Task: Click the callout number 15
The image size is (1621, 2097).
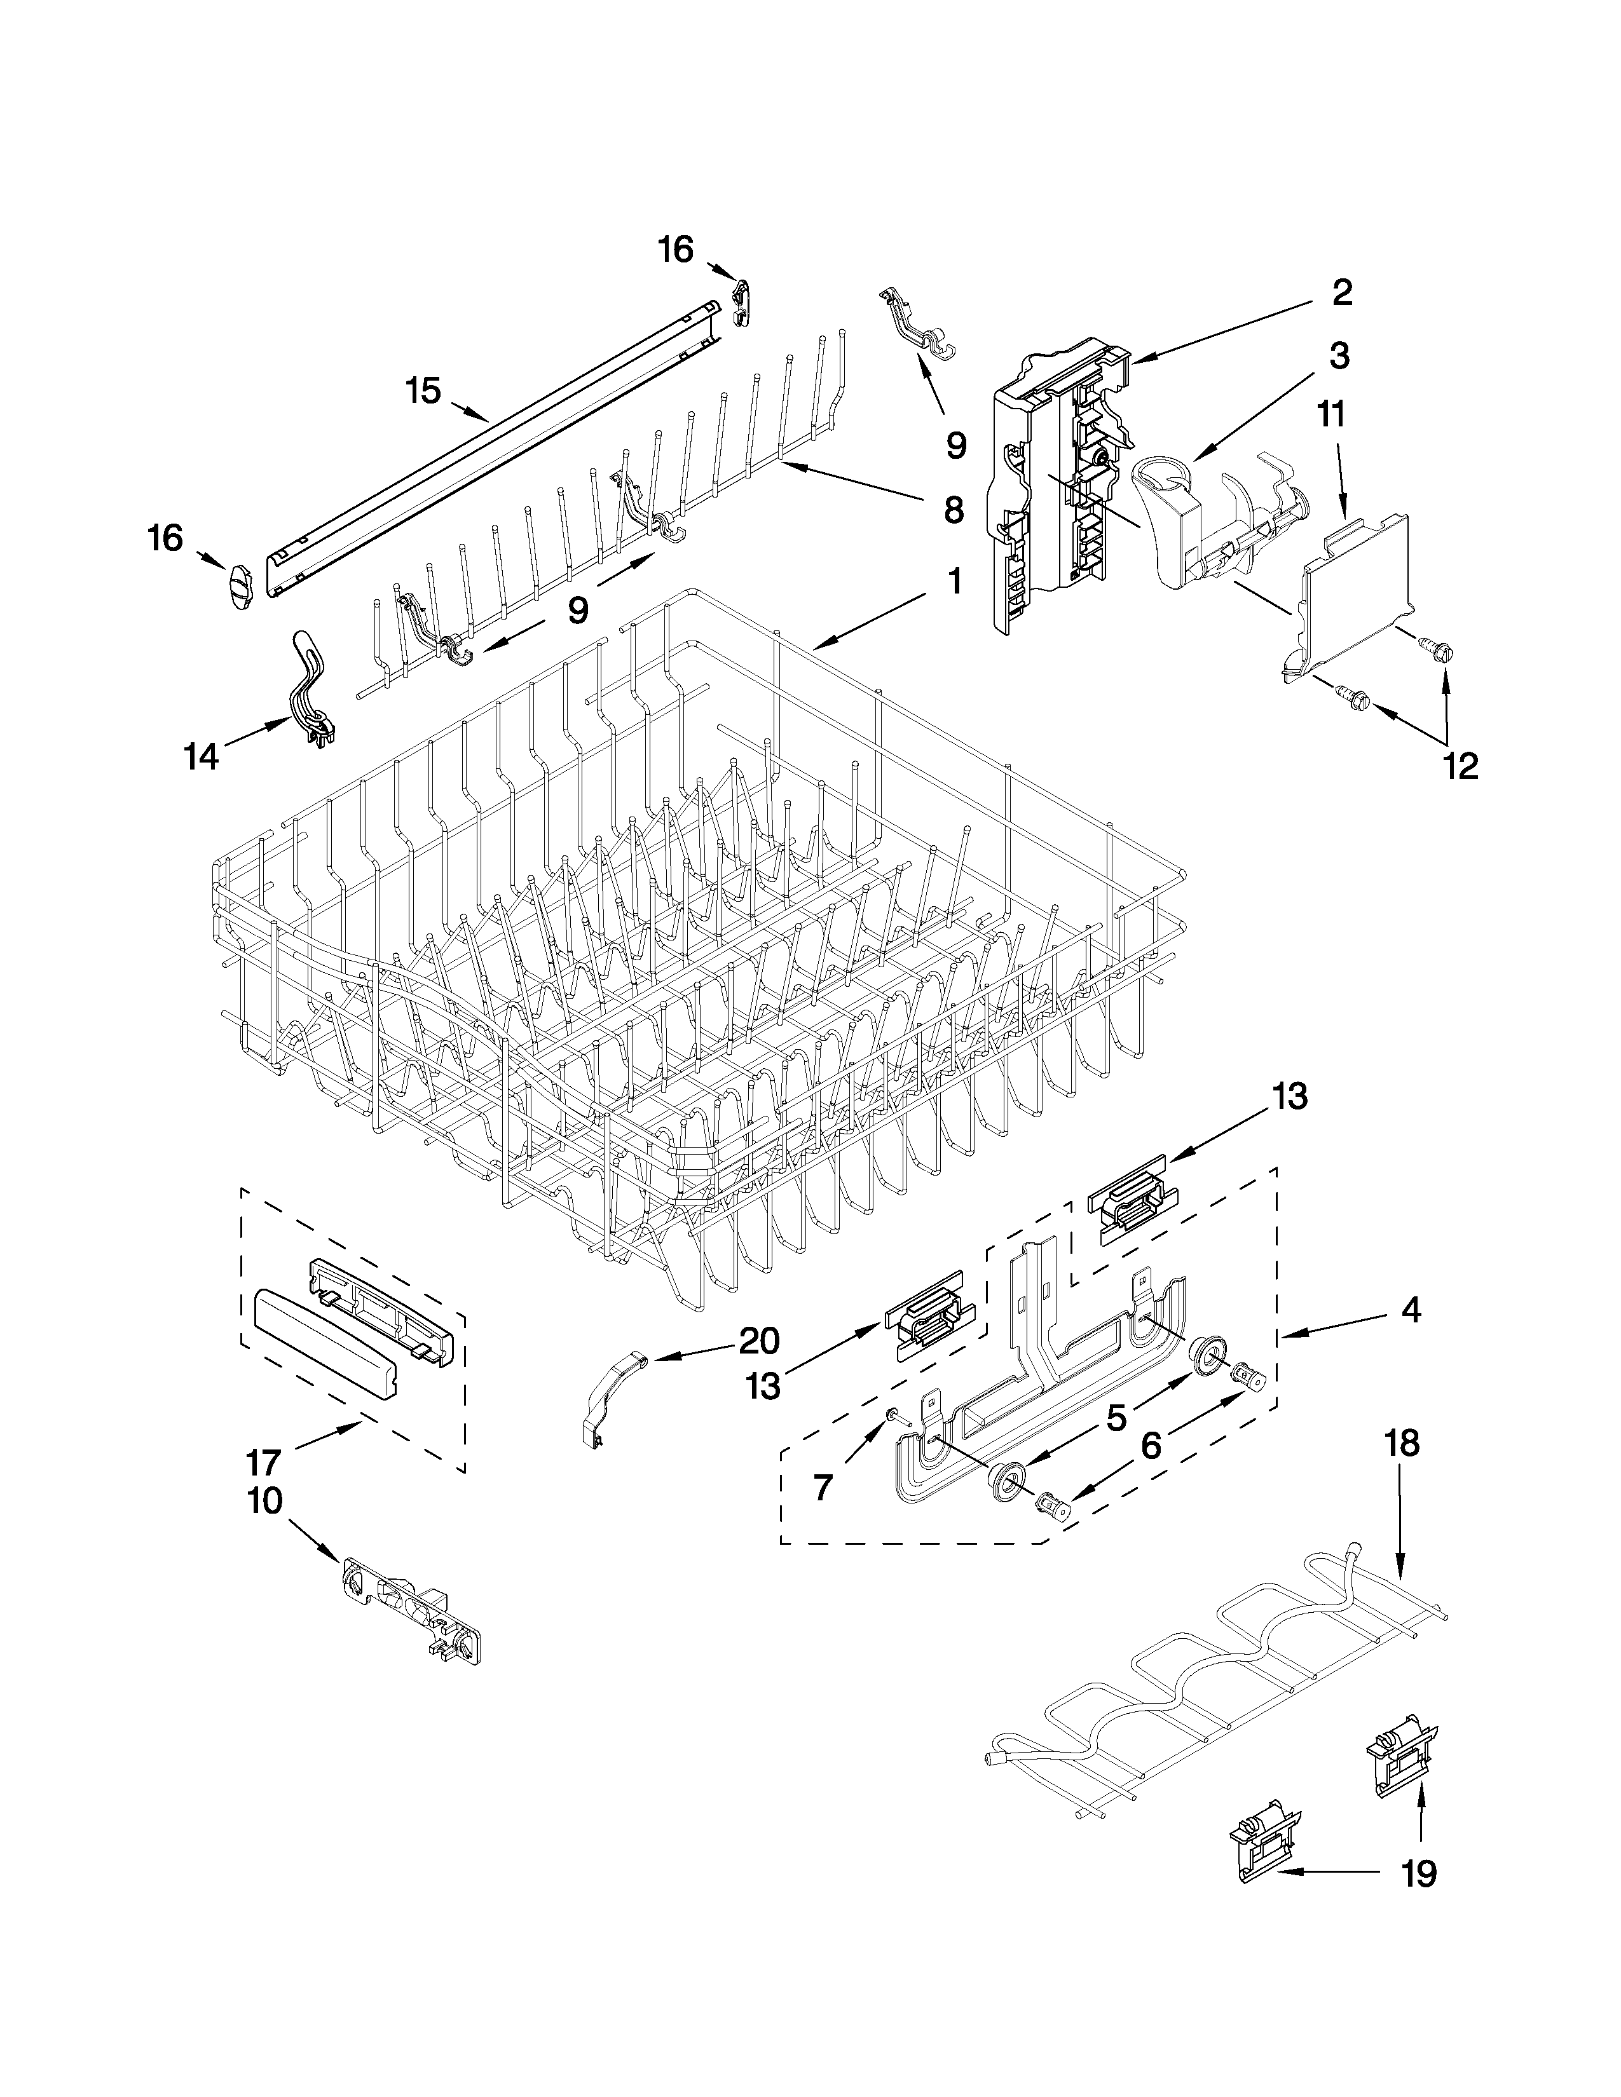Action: [423, 391]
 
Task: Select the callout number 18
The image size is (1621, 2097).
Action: [1401, 1470]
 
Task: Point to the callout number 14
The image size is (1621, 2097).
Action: [202, 757]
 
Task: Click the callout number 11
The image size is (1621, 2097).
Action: [1331, 415]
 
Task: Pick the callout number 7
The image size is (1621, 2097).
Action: [822, 1488]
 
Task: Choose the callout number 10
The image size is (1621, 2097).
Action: [265, 1501]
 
